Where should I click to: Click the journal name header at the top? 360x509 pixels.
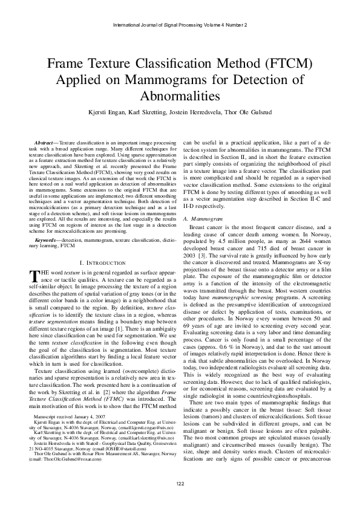click(179, 25)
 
